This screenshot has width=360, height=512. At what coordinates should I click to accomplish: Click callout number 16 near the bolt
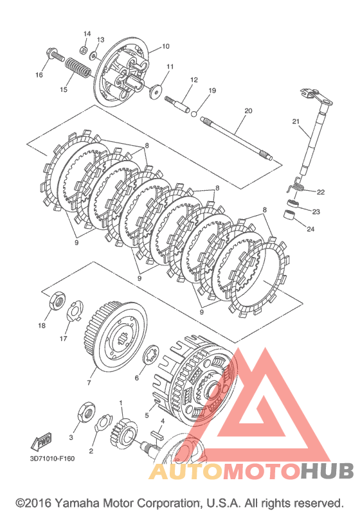coord(39,75)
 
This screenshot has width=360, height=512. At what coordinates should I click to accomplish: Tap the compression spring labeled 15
coord(78,67)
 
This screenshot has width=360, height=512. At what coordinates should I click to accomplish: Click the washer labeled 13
coord(94,55)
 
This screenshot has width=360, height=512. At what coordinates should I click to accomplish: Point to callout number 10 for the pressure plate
coord(166,46)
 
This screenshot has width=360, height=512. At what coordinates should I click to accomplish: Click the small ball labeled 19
coord(194,114)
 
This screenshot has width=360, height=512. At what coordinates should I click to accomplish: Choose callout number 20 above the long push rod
coord(248,110)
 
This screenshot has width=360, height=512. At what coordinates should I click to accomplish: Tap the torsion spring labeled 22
coord(296,186)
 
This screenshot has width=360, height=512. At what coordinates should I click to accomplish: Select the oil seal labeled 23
coord(293,203)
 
